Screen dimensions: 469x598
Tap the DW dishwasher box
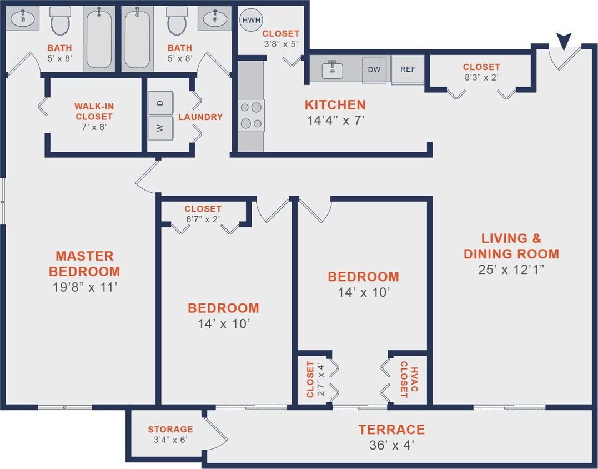pos(374,70)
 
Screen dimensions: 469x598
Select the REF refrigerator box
pos(408,70)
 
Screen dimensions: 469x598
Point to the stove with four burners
pos(251,116)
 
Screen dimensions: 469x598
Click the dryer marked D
pos(160,103)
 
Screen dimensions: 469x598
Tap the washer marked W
pos(160,128)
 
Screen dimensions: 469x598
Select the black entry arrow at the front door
pos(564,41)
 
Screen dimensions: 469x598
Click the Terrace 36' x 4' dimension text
pos(391,445)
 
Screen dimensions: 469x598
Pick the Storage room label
pos(170,429)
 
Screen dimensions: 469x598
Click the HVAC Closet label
pos(408,380)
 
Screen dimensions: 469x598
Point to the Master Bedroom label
pos(84,263)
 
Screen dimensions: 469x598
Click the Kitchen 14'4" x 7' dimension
pos(335,119)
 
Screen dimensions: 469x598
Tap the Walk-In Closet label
pos(94,111)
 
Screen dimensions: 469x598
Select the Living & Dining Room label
pos(511,246)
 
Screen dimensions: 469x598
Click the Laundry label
pos(200,117)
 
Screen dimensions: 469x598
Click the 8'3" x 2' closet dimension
pos(481,77)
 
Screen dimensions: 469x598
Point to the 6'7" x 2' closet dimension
pos(203,218)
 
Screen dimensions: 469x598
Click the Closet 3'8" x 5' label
pos(280,33)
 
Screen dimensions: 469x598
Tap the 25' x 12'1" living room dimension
pos(511,270)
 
